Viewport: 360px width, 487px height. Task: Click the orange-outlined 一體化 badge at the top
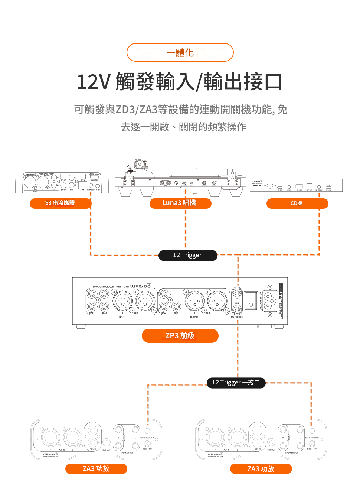point(180,52)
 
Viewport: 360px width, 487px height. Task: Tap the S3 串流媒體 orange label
point(60,203)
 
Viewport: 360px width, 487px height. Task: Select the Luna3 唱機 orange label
point(180,203)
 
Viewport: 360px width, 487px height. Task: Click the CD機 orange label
point(297,204)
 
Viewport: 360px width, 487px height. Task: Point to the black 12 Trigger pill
point(187,255)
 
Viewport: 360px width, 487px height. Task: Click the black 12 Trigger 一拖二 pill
point(236,383)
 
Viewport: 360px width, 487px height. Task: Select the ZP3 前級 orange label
point(180,336)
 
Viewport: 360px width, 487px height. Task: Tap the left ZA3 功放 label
point(96,469)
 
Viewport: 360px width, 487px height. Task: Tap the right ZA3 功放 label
point(261,469)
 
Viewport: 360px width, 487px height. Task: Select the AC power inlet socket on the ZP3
point(270,301)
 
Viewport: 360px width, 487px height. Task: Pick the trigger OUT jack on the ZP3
point(237,309)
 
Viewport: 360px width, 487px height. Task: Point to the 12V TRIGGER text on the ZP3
point(237,317)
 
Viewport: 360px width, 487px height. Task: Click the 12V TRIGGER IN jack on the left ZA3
point(147,431)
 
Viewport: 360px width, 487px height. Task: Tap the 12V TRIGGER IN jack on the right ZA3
point(312,431)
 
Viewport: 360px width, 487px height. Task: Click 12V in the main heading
point(93,82)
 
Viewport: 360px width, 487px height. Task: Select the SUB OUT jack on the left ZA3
point(107,442)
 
